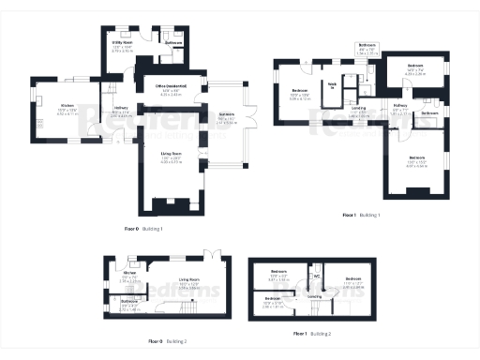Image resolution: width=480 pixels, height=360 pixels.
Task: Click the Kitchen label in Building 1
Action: tap(67, 104)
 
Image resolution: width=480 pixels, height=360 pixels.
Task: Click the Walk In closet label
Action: tap(331, 86)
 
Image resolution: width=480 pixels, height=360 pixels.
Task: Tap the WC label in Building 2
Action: tap(317, 277)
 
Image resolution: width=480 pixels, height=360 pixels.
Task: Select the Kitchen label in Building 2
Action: tap(132, 274)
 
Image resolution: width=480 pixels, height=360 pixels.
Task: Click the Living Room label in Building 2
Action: tap(190, 279)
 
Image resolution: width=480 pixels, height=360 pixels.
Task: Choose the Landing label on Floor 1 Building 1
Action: tap(359, 108)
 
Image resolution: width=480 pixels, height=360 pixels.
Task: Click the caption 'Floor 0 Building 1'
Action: tap(143, 228)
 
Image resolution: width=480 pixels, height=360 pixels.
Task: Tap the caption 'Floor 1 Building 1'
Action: tap(360, 216)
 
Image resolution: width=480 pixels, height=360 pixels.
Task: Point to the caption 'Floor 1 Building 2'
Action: tap(312, 334)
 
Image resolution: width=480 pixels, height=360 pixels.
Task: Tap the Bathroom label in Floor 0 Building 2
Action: tap(129, 300)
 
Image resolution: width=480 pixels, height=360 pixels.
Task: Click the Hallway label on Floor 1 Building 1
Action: tap(400, 105)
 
